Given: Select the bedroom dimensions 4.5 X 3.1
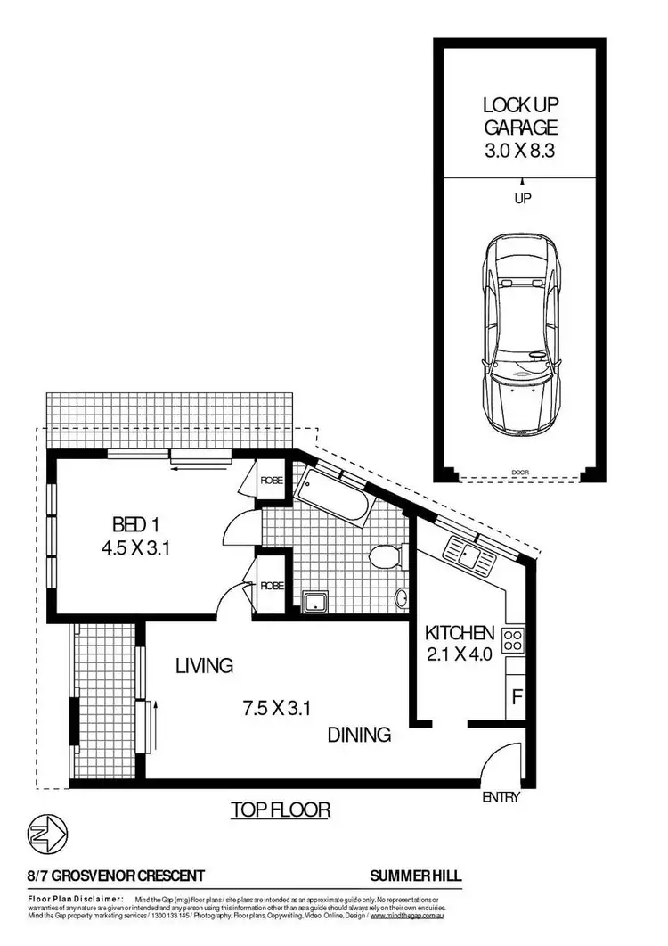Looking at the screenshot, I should click(x=135, y=547).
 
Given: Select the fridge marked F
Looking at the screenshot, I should click(x=516, y=694).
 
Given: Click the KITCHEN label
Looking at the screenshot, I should click(x=459, y=634).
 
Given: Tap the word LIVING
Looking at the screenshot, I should click(x=204, y=665).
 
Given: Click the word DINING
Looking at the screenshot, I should click(x=359, y=736).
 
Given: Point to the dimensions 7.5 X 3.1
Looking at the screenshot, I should click(x=276, y=710).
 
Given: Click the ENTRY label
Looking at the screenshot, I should click(x=501, y=797).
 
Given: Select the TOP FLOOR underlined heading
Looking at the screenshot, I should click(x=281, y=810).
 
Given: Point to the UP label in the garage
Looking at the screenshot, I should click(x=523, y=199).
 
